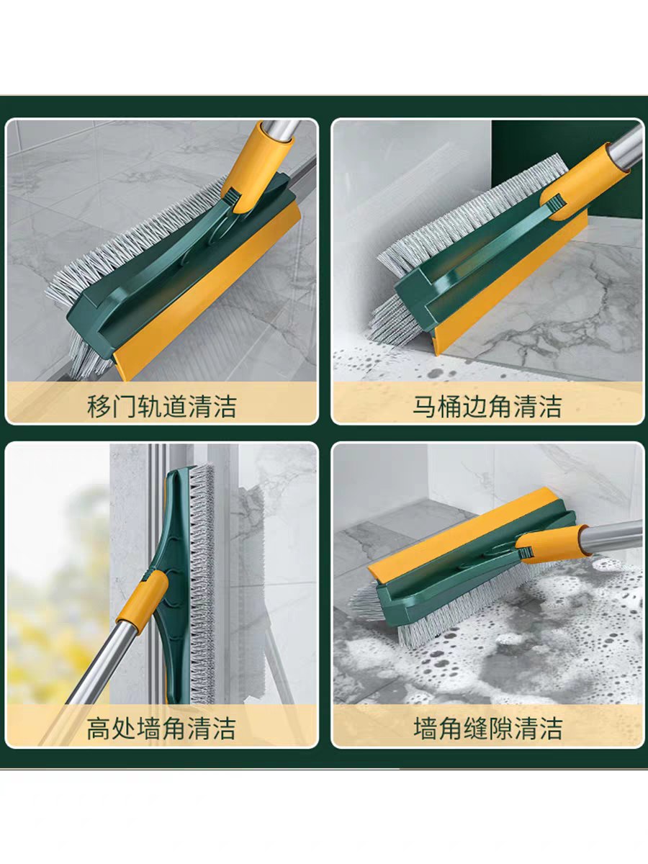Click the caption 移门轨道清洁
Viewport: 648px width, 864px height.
click(x=161, y=407)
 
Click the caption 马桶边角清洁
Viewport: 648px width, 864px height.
click(x=487, y=407)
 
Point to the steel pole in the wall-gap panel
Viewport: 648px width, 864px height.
click(x=613, y=534)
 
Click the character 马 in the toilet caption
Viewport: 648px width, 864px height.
click(x=425, y=407)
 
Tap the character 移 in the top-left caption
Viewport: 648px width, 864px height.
click(x=99, y=407)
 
